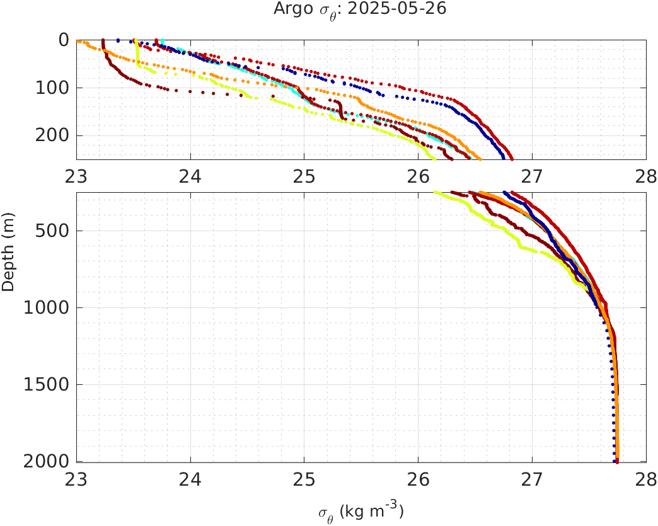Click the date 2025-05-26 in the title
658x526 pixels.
(400, 9)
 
